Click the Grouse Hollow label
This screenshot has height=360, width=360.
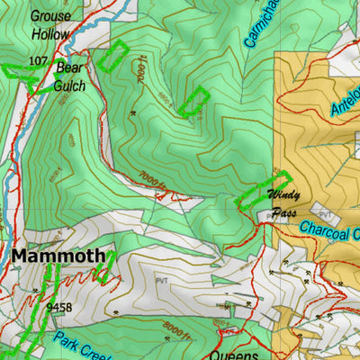pyautogui.click(x=49, y=24)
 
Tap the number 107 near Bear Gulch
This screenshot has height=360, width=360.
pyautogui.click(x=37, y=60)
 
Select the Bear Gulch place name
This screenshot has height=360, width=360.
pyautogui.click(x=70, y=76)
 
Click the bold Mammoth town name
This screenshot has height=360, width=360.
pyautogui.click(x=58, y=256)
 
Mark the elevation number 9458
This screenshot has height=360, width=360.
pyautogui.click(x=58, y=307)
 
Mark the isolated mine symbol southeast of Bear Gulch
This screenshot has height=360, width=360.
pyautogui.click(x=133, y=113)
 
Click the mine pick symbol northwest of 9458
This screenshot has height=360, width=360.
pyautogui.click(x=35, y=291)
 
